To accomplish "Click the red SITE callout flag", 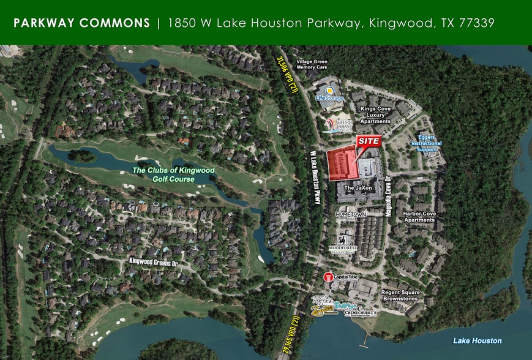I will click(x=369, y=141).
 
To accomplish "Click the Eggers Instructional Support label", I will click(x=427, y=143).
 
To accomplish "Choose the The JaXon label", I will click(x=359, y=187).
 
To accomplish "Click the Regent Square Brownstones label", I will click(x=400, y=296).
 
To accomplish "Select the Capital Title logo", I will click(x=340, y=277).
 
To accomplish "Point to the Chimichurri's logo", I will click(x=360, y=313).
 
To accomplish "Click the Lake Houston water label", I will click(x=477, y=340).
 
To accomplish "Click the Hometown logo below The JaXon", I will click(x=351, y=215).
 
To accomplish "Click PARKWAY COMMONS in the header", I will click(x=81, y=23).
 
